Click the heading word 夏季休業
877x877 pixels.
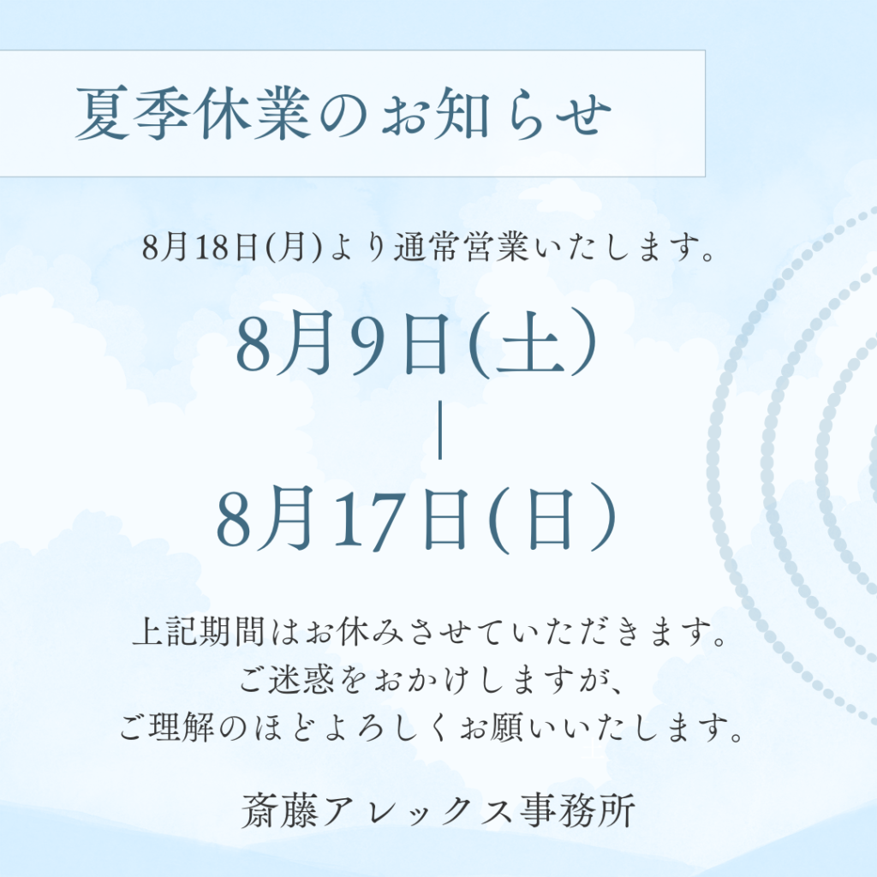(193, 114)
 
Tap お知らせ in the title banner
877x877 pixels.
(496, 114)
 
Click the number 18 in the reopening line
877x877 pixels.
(212, 247)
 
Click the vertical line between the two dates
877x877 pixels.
(440, 430)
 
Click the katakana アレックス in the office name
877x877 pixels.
(418, 810)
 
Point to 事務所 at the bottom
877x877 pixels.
(576, 810)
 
